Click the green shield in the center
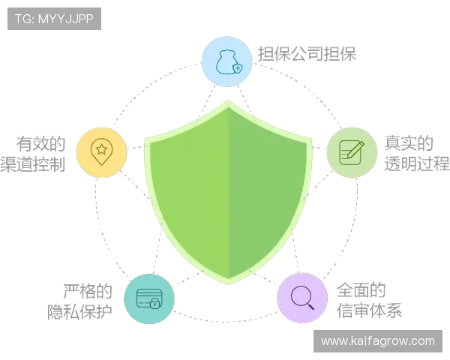coord(228,192)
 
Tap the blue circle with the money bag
coord(226,61)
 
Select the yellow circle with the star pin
coord(101,152)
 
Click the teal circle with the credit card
coord(149,298)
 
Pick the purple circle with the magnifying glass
coord(302,298)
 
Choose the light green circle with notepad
coord(352,152)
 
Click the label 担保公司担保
coord(307,54)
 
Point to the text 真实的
coord(409,143)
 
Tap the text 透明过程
coord(417,164)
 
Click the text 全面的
coord(361,289)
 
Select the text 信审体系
coord(369,310)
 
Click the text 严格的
coord(88,291)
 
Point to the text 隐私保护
coord(79,311)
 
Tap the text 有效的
coord(40,143)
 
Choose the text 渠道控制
coord(33,164)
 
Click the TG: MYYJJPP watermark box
coord(54,19)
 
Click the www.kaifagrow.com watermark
coord(378,341)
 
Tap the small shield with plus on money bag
coord(238,68)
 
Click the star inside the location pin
coord(101,149)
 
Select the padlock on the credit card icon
coord(155,303)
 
